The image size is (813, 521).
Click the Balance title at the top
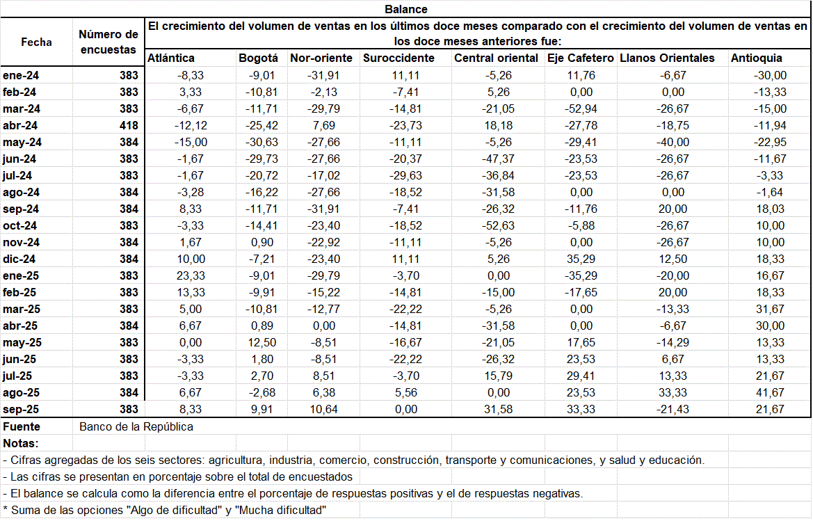pos(406,9)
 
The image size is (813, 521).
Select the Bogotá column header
pos(258,58)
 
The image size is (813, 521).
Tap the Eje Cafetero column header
pos(581,58)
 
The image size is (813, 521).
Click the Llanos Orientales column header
pos(667,58)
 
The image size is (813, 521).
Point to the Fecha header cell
pos(36,42)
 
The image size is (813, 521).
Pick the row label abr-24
pos(21,125)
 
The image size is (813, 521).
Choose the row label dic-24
pos(20,259)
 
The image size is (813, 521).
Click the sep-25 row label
pos(21,409)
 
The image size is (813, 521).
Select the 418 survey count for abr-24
pos(129,125)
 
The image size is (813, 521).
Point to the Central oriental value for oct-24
pos(498,225)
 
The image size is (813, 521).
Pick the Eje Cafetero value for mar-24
pos(581,109)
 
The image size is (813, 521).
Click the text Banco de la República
pos(136,426)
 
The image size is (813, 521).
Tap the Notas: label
pos(21,443)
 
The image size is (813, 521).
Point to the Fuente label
pos(22,426)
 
